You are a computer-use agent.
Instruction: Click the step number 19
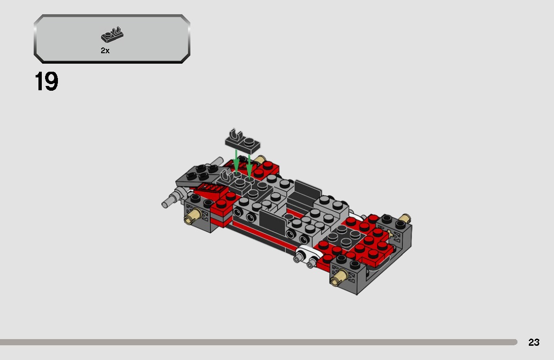(x=47, y=82)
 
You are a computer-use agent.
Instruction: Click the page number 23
(x=534, y=342)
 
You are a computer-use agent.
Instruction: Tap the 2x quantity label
(x=105, y=51)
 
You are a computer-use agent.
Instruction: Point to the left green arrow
(x=236, y=161)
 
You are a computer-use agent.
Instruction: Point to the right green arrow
(x=249, y=164)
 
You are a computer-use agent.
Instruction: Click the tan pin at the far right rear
(x=403, y=219)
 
